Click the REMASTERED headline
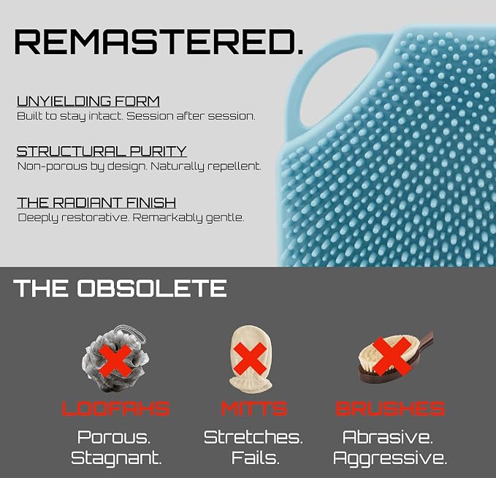point(159,42)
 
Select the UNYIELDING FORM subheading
point(88,102)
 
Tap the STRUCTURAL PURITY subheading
point(102,151)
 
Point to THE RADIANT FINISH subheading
point(96,202)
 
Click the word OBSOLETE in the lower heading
point(152,289)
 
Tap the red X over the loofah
point(115,360)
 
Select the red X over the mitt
point(251,358)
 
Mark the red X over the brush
point(392,356)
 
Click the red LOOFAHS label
point(115,409)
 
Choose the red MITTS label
point(254,409)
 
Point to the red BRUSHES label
point(390,409)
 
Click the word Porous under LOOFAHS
point(114,437)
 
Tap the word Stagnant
point(116,458)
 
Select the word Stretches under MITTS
point(253,437)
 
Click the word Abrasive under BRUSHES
point(388,437)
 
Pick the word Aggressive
point(390,458)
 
